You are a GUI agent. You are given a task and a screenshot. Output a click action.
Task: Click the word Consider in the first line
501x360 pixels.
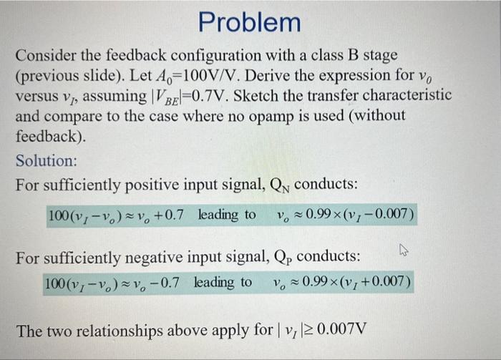click(47, 55)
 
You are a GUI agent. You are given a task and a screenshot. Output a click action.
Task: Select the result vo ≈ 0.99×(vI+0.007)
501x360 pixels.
click(341, 283)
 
